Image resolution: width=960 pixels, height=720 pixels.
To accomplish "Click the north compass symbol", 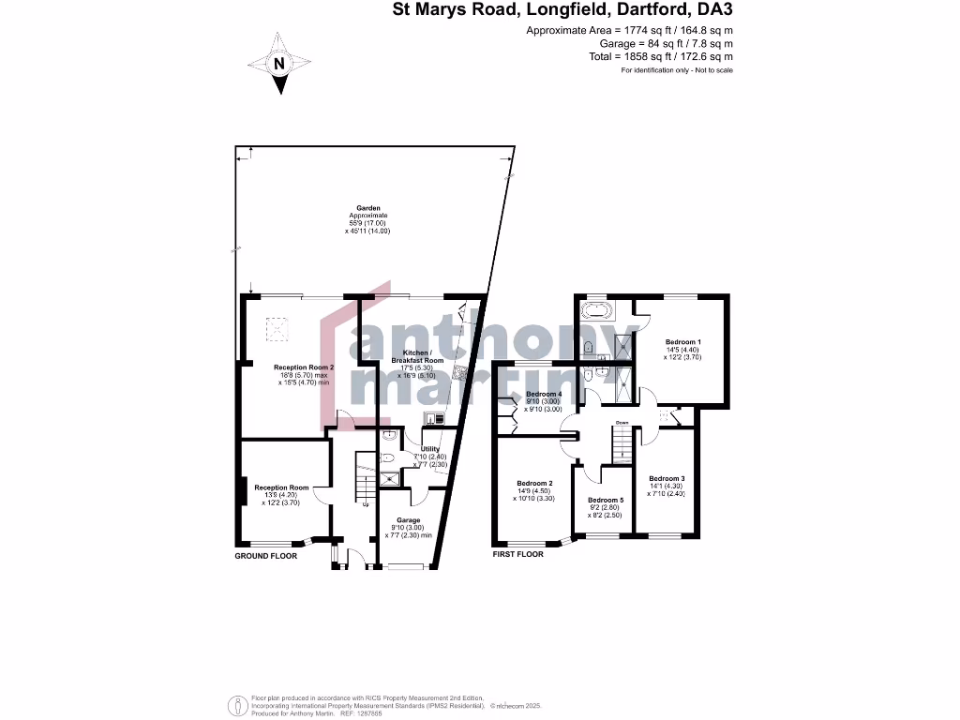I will [278, 64].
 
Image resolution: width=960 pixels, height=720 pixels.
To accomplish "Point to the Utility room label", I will [430, 450].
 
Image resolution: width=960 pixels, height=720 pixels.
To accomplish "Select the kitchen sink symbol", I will [433, 418].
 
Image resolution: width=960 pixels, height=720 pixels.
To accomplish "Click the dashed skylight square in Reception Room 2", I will [278, 328].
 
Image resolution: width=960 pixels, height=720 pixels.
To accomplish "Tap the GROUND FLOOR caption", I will [265, 556].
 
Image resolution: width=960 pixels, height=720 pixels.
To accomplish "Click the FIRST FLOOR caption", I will [518, 555].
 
